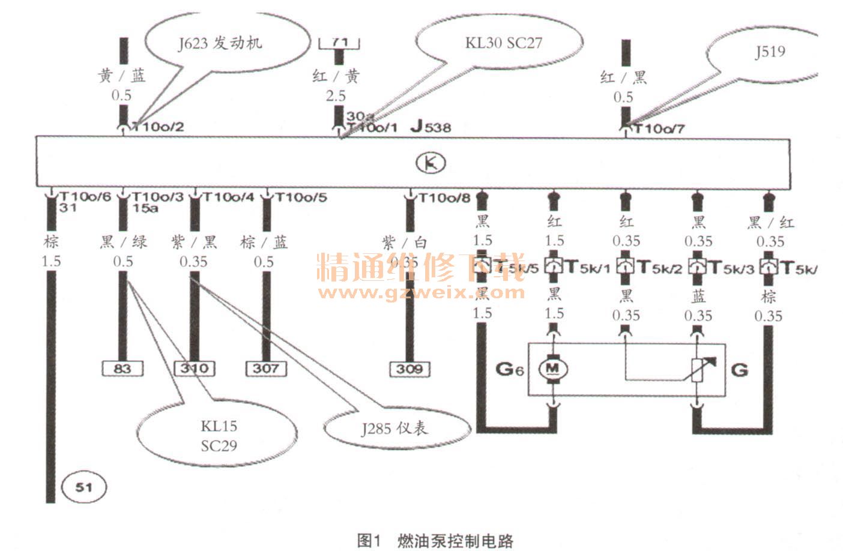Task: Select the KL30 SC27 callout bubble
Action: point(503,43)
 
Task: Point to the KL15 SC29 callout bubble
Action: point(219,436)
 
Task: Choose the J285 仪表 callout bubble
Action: point(394,428)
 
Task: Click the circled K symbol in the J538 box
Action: point(431,163)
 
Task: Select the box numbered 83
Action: point(122,368)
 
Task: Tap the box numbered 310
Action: point(195,368)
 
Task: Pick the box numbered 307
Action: point(266,368)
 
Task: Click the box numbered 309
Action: point(409,369)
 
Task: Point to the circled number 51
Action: point(83,487)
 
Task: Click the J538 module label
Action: point(431,127)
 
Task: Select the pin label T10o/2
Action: point(157,127)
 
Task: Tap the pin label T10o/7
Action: point(659,128)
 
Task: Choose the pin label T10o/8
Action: point(444,197)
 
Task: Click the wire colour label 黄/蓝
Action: point(122,76)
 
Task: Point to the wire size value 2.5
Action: point(336,95)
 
